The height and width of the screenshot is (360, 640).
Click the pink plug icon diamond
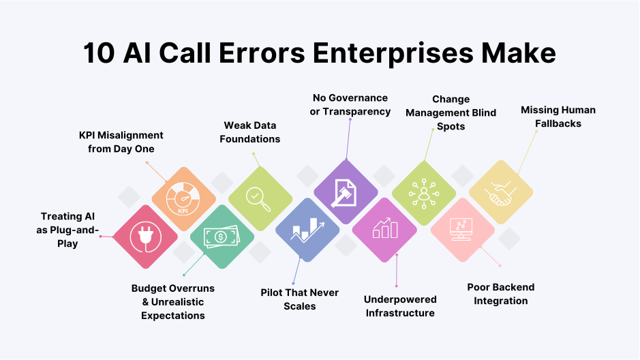pyautogui.click(x=144, y=237)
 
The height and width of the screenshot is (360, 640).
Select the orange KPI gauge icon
pyautogui.click(x=183, y=198)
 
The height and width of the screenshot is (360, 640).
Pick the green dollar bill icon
pyautogui.click(x=222, y=237)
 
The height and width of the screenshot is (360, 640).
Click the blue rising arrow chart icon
pyautogui.click(x=307, y=230)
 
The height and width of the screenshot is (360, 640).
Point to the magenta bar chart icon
pyautogui.click(x=384, y=230)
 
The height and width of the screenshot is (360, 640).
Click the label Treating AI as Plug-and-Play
pyautogui.click(x=67, y=230)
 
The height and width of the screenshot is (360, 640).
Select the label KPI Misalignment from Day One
pyautogui.click(x=121, y=142)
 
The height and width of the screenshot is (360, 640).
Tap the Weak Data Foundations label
pyautogui.click(x=252, y=132)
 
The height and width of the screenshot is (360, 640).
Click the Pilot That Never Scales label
pyautogui.click(x=300, y=299)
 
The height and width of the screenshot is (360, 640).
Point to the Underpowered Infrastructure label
pyautogui.click(x=400, y=306)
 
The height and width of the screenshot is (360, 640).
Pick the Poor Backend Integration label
pyautogui.click(x=501, y=294)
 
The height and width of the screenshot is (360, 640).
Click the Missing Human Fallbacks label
pyautogui.click(x=558, y=116)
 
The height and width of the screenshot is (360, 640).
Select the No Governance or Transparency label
pyautogui.click(x=350, y=104)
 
